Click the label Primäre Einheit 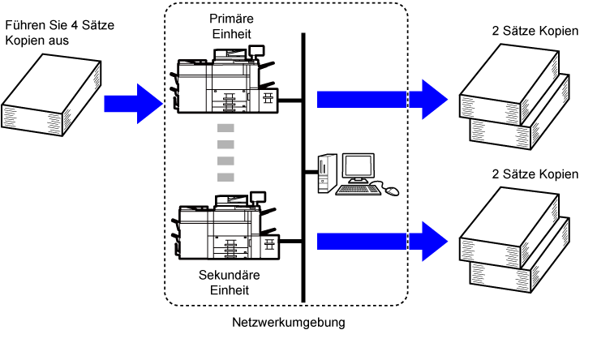click(231, 26)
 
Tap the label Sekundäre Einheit click(230, 282)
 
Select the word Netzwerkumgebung click(289, 323)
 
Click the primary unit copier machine click(224, 80)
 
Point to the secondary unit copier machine click(225, 226)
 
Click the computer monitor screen click(358, 166)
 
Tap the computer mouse click(393, 191)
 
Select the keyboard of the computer click(358, 190)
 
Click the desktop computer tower click(327, 174)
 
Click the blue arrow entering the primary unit click(133, 104)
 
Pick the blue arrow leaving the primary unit click(382, 99)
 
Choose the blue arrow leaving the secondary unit click(382, 242)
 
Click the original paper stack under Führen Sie click(51, 94)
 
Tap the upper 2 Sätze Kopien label click(535, 31)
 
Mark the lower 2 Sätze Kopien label click(535, 174)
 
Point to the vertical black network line click(303, 168)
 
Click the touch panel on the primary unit click(256, 50)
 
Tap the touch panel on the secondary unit click(258, 197)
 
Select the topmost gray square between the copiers click(225, 128)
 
